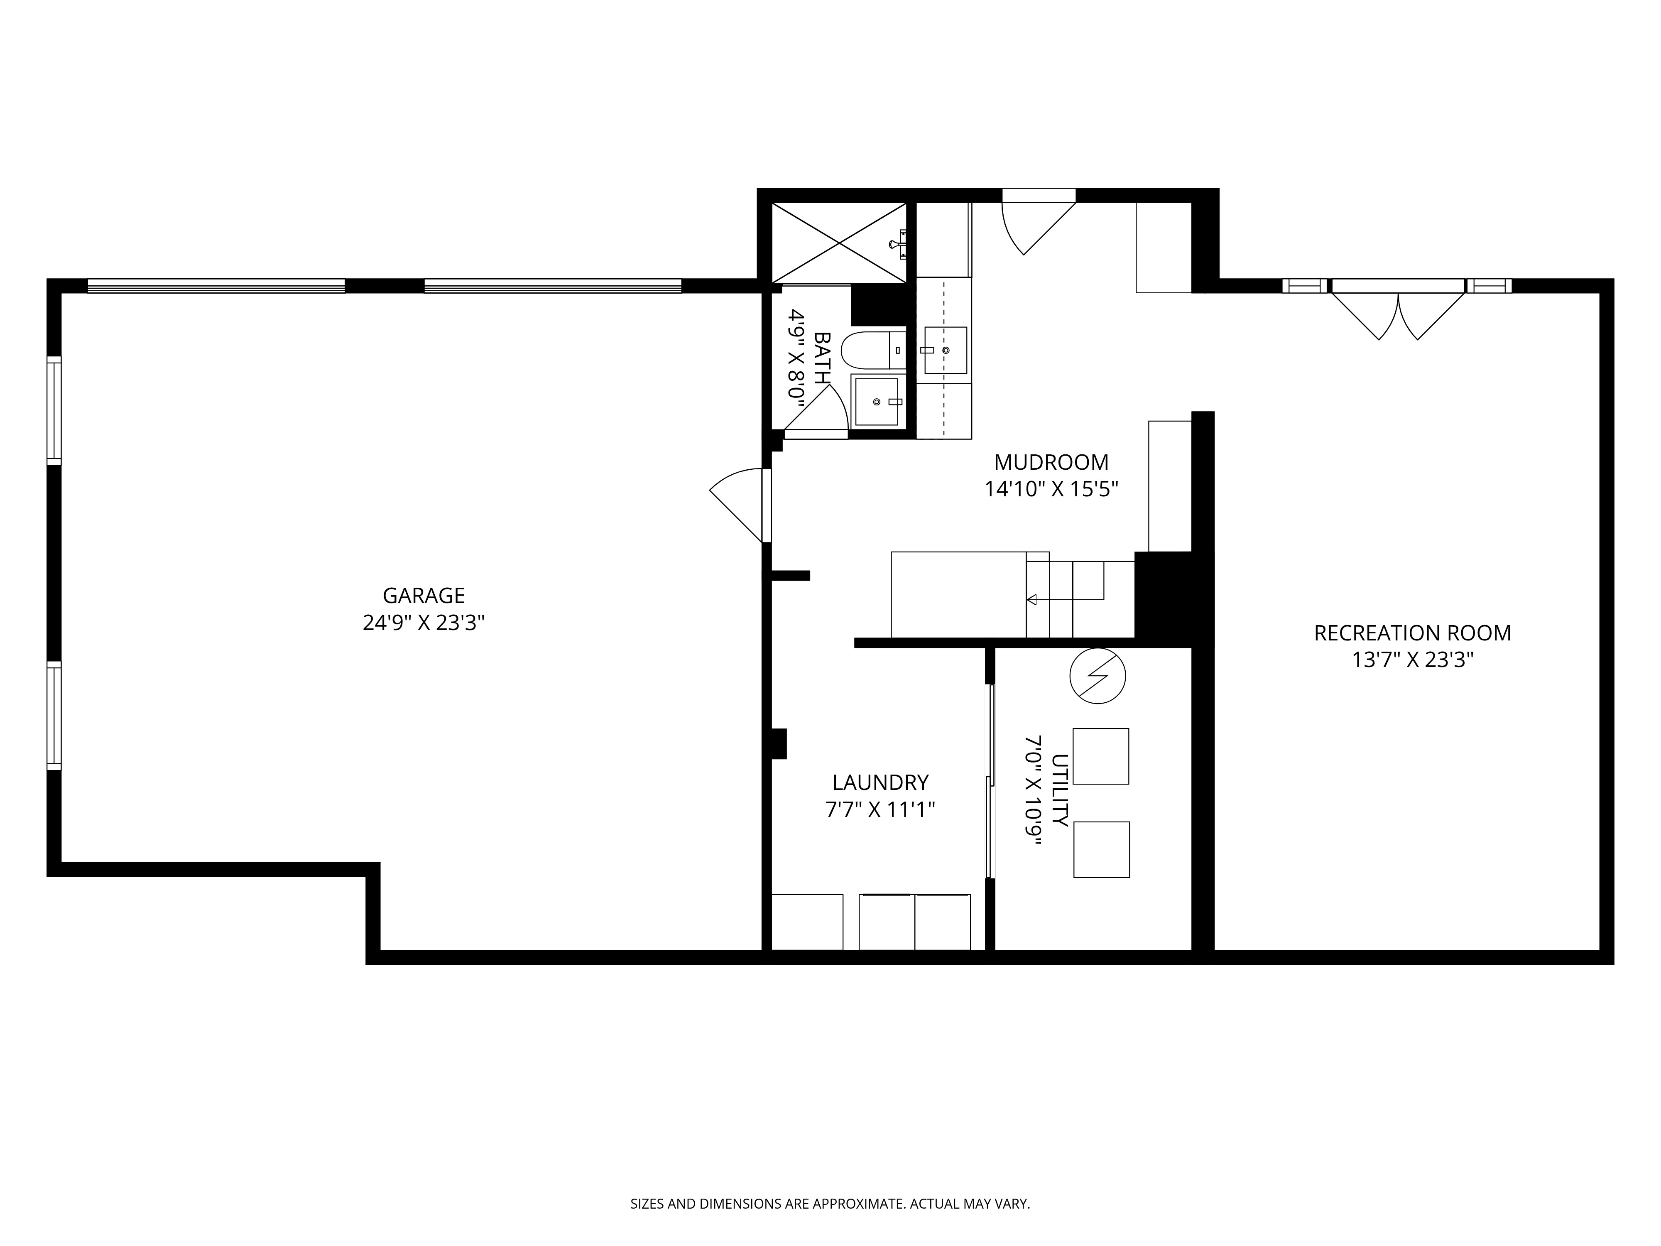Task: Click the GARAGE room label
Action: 424,596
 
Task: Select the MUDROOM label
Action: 1051,462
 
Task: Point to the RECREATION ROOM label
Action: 1412,633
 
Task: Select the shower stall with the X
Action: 839,243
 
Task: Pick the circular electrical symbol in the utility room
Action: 1098,675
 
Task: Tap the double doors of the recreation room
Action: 1398,315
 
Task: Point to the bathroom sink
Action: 877,402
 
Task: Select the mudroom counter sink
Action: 946,350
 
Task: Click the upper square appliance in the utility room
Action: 1101,756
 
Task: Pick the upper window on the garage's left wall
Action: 54,410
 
